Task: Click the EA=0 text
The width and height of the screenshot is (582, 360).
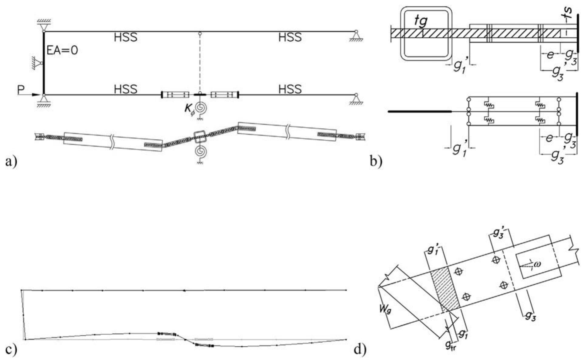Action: point(62,50)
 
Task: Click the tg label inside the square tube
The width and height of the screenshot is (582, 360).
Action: point(421,21)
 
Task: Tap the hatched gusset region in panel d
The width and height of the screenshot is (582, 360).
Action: point(445,289)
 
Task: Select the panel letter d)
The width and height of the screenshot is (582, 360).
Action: point(360,349)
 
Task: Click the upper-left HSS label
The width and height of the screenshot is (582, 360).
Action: point(125,37)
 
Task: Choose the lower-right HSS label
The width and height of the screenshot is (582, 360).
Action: point(290,89)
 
